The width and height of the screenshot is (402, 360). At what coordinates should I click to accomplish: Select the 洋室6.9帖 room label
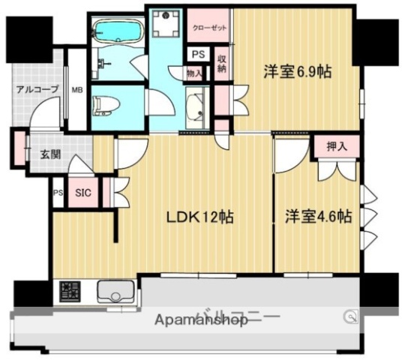click(x=298, y=73)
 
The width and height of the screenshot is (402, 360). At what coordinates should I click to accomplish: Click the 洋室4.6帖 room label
click(x=318, y=217)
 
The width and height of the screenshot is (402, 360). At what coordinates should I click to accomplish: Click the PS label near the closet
click(x=197, y=55)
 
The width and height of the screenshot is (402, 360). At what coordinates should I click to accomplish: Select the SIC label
click(x=83, y=193)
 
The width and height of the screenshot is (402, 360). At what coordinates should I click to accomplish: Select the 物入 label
click(x=193, y=73)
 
